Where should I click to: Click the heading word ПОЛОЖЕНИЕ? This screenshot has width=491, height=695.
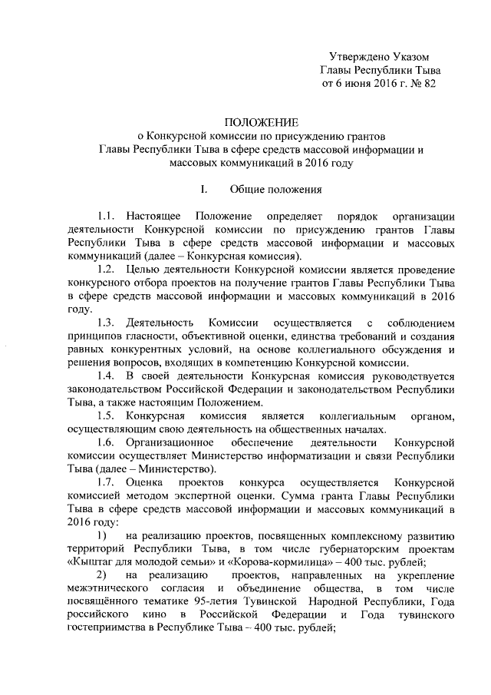click(x=261, y=122)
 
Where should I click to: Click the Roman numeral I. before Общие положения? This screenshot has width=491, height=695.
click(x=202, y=190)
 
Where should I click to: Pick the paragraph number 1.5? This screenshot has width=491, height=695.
click(x=107, y=415)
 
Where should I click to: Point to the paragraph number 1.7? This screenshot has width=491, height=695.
click(x=107, y=482)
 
